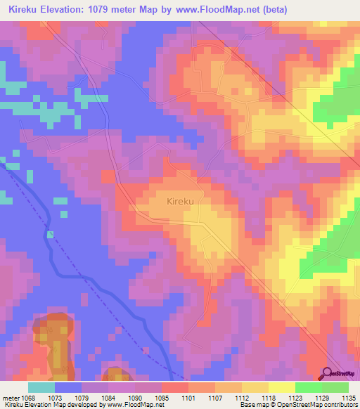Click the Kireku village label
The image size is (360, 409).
[180, 201]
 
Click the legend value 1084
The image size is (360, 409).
[109, 398]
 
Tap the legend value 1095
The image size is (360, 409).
[161, 398]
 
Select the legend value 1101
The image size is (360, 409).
[188, 398]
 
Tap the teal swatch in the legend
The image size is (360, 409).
[41, 387]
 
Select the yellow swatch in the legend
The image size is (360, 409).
[281, 387]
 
